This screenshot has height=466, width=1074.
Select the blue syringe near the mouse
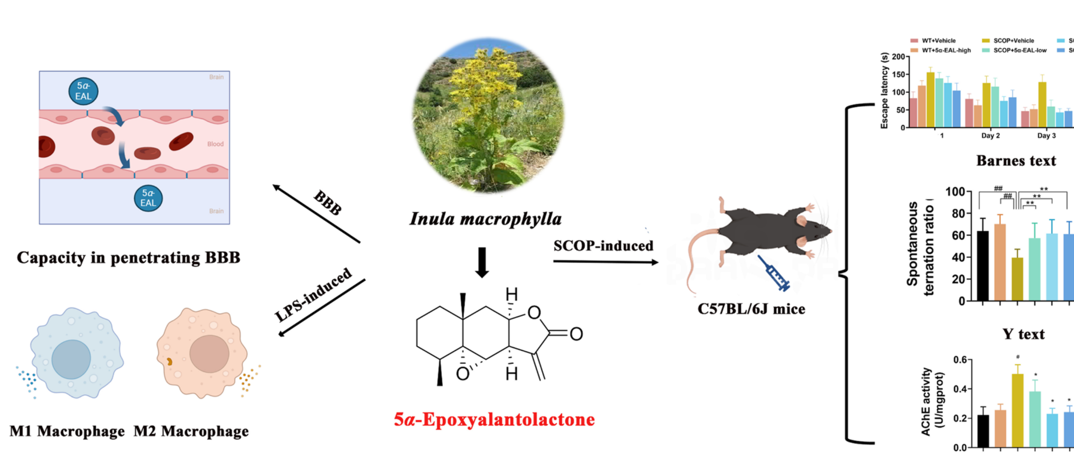pyautogui.click(x=774, y=273)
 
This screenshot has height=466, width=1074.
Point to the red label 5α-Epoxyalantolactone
pyautogui.click(x=494, y=420)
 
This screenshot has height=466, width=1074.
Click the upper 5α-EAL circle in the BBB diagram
pyautogui.click(x=83, y=91)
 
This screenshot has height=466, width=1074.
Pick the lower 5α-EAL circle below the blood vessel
pyautogui.click(x=148, y=198)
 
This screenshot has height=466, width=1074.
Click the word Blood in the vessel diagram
pyautogui.click(x=215, y=144)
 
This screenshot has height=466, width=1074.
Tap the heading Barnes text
pyautogui.click(x=1016, y=161)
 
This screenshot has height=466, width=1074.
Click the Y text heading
pyautogui.click(x=1023, y=334)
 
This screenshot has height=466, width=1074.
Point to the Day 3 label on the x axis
pyautogui.click(x=1046, y=136)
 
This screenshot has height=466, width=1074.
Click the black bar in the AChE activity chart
pyautogui.click(x=983, y=431)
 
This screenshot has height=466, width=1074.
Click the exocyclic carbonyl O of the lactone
pyautogui.click(x=576, y=334)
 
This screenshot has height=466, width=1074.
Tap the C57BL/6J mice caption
pyautogui.click(x=751, y=309)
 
